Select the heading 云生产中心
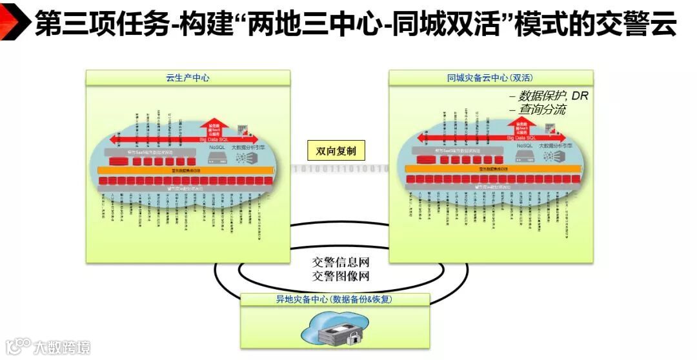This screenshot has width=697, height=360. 188,78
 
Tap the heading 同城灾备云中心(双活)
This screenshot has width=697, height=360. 490,78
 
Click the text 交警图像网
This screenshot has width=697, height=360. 341,276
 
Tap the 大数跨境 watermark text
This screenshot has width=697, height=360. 62,347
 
